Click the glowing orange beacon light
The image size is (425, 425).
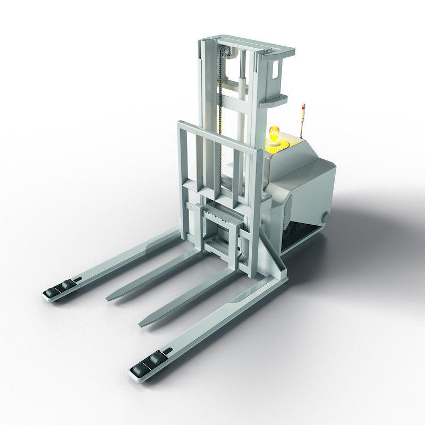(274, 134)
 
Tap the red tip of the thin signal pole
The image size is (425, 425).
(303, 106)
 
